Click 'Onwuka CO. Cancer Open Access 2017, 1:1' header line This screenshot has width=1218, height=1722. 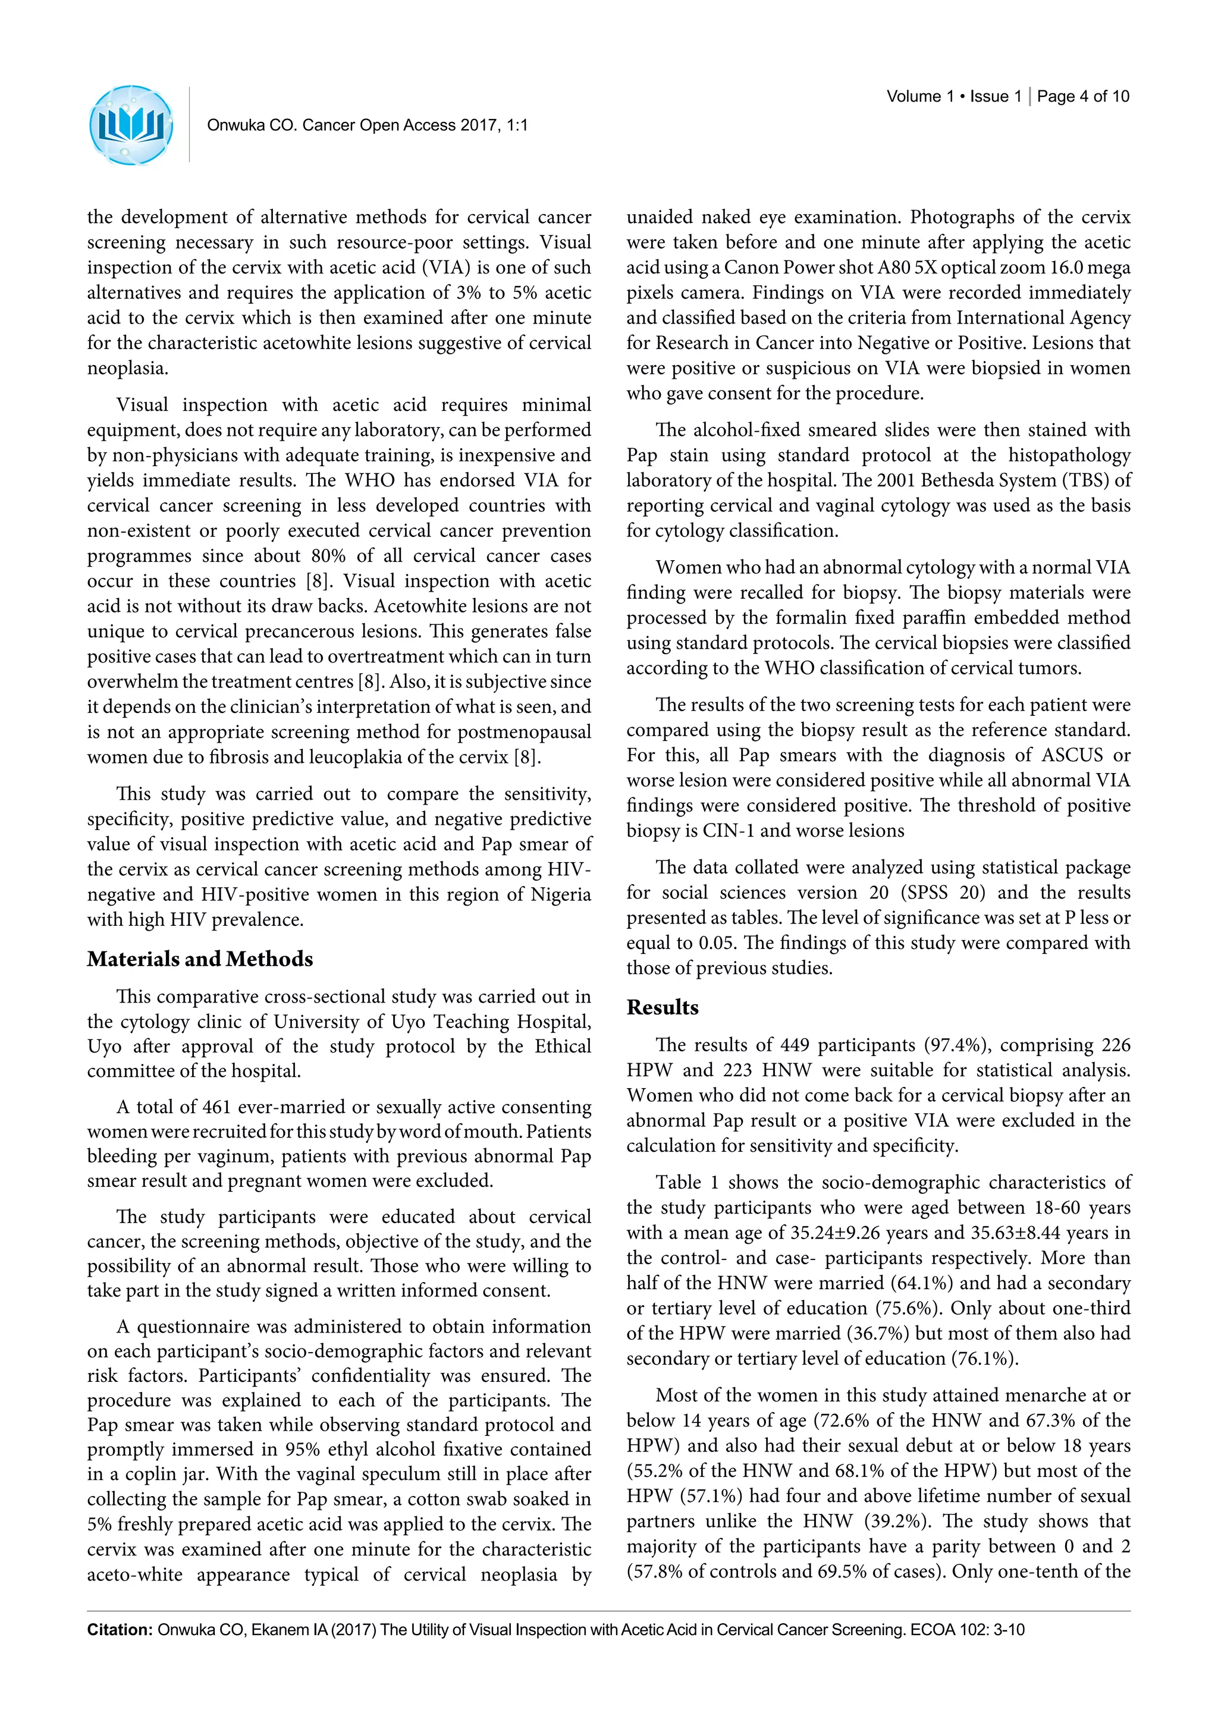[367, 125]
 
